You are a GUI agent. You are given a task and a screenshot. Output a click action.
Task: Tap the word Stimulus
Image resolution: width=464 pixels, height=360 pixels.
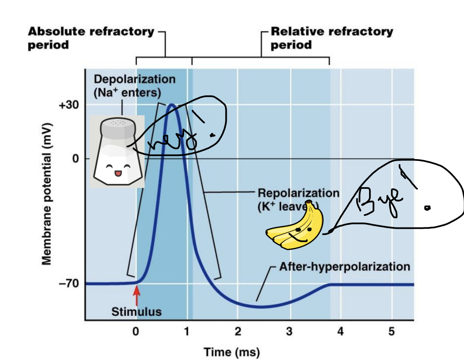tap(136, 312)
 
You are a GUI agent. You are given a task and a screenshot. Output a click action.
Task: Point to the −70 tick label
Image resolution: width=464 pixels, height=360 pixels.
tap(68, 283)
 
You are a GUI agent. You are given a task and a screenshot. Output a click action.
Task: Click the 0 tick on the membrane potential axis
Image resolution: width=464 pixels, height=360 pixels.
tap(75, 158)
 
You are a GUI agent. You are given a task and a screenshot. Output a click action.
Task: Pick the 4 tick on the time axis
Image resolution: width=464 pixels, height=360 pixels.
tap(341, 331)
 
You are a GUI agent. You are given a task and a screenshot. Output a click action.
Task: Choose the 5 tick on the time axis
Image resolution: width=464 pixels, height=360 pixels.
tap(391, 331)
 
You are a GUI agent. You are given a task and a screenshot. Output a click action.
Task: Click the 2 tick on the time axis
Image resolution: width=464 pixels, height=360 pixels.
tap(238, 331)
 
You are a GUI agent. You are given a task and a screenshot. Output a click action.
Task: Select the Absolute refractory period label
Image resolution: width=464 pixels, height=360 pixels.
tap(91, 38)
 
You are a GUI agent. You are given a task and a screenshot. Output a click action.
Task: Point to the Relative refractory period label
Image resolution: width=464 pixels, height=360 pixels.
tap(332, 38)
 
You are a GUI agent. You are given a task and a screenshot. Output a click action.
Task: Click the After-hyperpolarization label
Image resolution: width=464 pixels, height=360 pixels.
tap(344, 267)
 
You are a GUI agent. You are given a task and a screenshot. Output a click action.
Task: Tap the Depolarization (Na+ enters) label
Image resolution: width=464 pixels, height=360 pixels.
tap(128, 86)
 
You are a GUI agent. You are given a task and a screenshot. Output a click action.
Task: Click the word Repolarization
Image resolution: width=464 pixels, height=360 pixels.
tap(298, 193)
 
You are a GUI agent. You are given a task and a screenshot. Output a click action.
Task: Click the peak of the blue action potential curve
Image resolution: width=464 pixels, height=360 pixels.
tap(171, 105)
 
